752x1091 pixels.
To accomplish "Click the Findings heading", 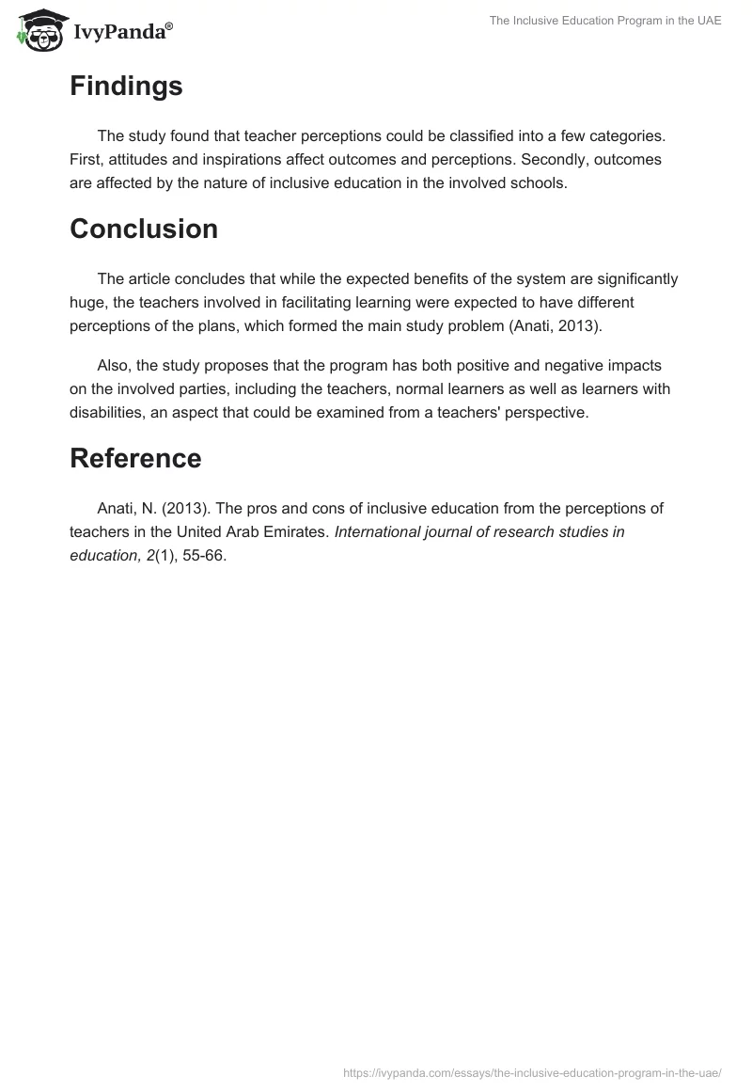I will tap(126, 87).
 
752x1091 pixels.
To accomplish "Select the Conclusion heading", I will tap(144, 229).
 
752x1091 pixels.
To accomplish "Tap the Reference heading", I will tap(135, 458).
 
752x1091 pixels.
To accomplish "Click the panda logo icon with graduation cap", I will tap(39, 30).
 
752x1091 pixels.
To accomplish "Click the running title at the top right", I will tap(605, 21).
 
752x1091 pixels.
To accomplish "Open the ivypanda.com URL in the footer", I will tap(532, 1071).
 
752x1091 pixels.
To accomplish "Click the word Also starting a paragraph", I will tap(114, 366).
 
